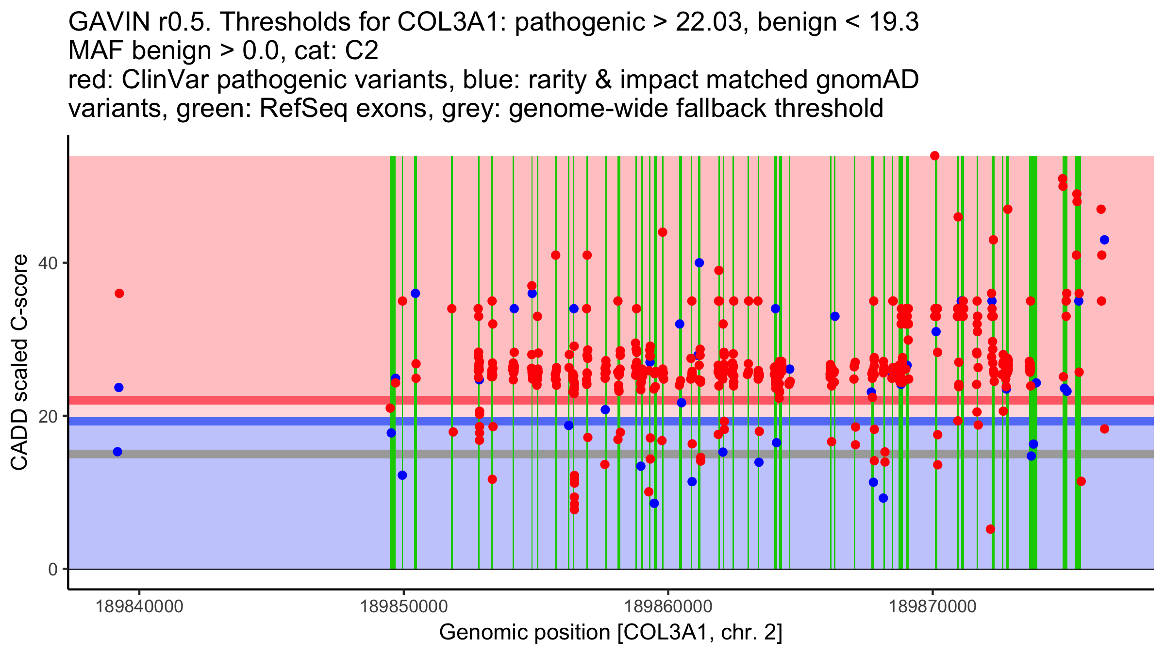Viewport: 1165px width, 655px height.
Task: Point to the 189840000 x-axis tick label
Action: pyautogui.click(x=139, y=606)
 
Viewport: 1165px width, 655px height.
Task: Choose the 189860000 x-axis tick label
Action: pyautogui.click(x=668, y=606)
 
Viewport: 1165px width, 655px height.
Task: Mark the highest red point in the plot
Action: pyautogui.click(x=934, y=156)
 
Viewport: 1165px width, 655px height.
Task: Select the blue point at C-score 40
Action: pyautogui.click(x=699, y=263)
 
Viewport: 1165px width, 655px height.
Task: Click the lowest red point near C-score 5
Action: pyautogui.click(x=990, y=529)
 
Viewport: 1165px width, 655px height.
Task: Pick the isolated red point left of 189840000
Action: pyautogui.click(x=119, y=294)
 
